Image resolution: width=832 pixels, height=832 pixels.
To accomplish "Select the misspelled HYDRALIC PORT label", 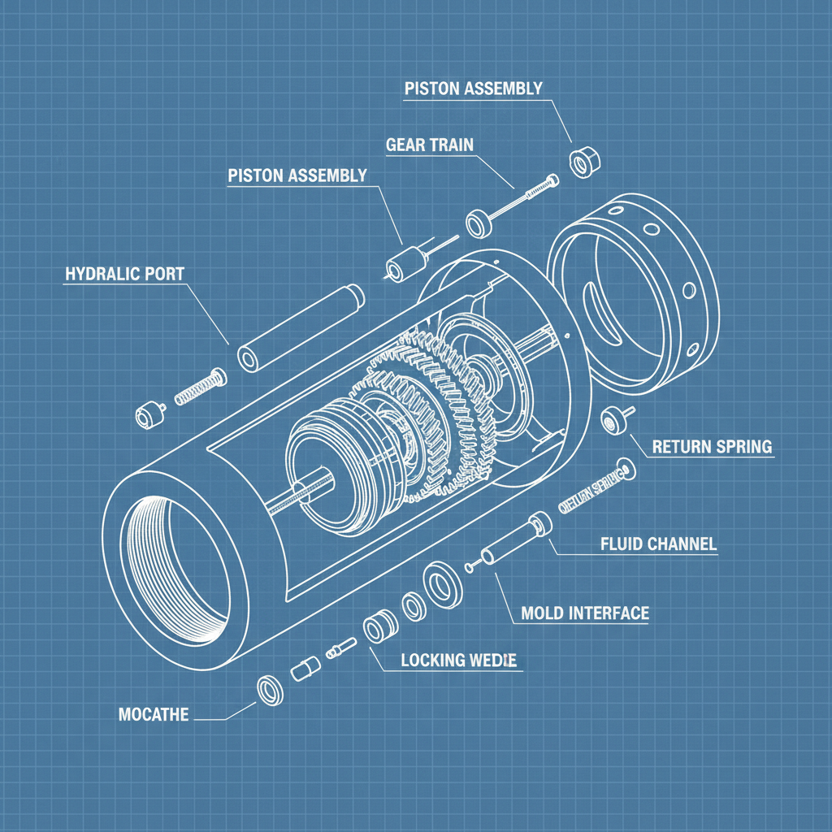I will pyautogui.click(x=124, y=273).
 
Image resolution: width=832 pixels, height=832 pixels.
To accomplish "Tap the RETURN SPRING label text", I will pyautogui.click(x=712, y=447).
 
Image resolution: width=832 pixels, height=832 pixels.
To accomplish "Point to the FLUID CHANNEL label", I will pyautogui.click(x=658, y=544).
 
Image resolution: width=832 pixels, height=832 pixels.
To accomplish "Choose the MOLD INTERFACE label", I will pyautogui.click(x=585, y=613).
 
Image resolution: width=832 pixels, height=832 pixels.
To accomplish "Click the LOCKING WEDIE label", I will pyautogui.click(x=459, y=660).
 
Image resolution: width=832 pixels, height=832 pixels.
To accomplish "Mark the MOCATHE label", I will pyautogui.click(x=154, y=715).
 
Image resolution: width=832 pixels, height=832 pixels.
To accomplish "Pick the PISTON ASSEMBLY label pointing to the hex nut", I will pyautogui.click(x=473, y=89).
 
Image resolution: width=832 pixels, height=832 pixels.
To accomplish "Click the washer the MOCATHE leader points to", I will pyautogui.click(x=270, y=690).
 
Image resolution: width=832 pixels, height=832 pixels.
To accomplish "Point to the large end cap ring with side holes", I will pyautogui.click(x=634, y=292).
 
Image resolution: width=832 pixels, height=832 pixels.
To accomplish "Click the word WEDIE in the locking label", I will pyautogui.click(x=492, y=660).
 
